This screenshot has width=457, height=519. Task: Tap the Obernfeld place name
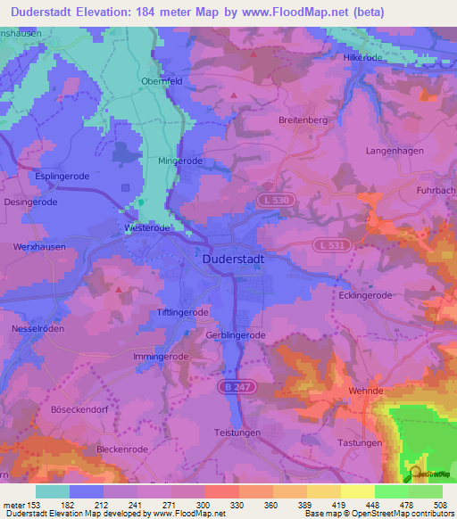(x=162, y=81)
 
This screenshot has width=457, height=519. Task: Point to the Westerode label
(x=146, y=228)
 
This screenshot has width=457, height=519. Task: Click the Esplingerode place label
(x=62, y=177)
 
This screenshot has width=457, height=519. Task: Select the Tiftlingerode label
(x=182, y=313)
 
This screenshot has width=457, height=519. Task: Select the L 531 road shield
(x=329, y=244)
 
